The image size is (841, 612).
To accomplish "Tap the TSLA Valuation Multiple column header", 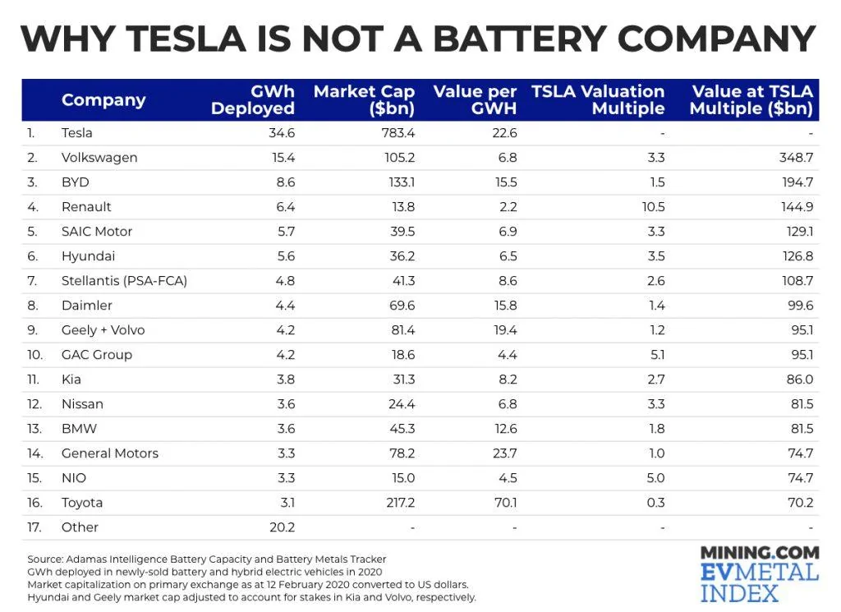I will (x=598, y=100).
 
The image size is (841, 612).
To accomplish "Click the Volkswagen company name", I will (x=99, y=158).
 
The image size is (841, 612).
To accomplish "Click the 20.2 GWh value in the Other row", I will (x=281, y=527).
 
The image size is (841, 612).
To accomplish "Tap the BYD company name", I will (x=75, y=182).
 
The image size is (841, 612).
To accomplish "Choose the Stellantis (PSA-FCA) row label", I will (x=124, y=281).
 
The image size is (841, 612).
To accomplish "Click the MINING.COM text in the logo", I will (x=760, y=553).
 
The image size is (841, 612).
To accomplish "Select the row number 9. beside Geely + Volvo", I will (x=32, y=330).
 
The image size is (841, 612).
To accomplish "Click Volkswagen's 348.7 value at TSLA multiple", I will (x=796, y=158).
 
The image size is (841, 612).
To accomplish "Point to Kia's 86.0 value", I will (x=798, y=380).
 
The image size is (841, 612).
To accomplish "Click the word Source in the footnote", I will (x=46, y=559).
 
